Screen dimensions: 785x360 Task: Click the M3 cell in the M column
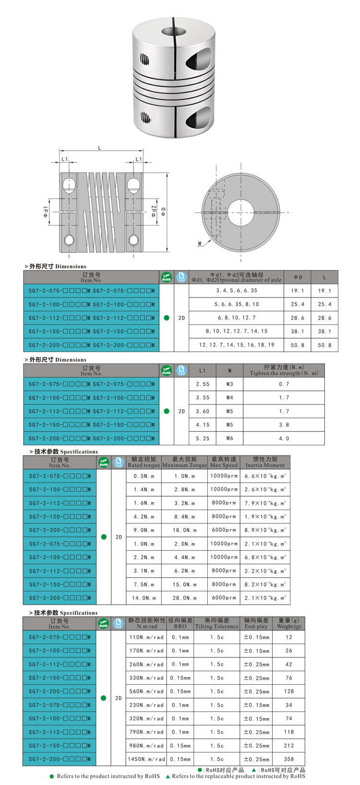click(x=229, y=384)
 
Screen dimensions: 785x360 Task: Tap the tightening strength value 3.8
click(x=284, y=425)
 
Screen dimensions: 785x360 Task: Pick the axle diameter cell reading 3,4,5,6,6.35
click(x=236, y=290)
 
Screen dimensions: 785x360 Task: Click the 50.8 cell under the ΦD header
click(x=297, y=345)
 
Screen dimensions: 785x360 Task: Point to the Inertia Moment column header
click(x=265, y=462)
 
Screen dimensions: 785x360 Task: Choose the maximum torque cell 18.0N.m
click(x=184, y=530)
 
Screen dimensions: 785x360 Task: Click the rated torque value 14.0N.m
click(x=144, y=598)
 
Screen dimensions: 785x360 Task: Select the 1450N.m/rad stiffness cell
click(x=146, y=759)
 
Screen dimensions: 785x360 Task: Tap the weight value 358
click(x=288, y=759)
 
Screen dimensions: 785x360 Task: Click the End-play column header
click(x=256, y=623)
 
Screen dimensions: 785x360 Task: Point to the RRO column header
click(x=180, y=623)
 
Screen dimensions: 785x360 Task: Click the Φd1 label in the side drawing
click(x=46, y=210)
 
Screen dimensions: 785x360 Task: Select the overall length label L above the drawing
click(x=99, y=148)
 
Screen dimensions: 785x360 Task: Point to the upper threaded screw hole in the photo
click(x=144, y=60)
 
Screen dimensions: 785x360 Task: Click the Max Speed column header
click(x=224, y=462)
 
